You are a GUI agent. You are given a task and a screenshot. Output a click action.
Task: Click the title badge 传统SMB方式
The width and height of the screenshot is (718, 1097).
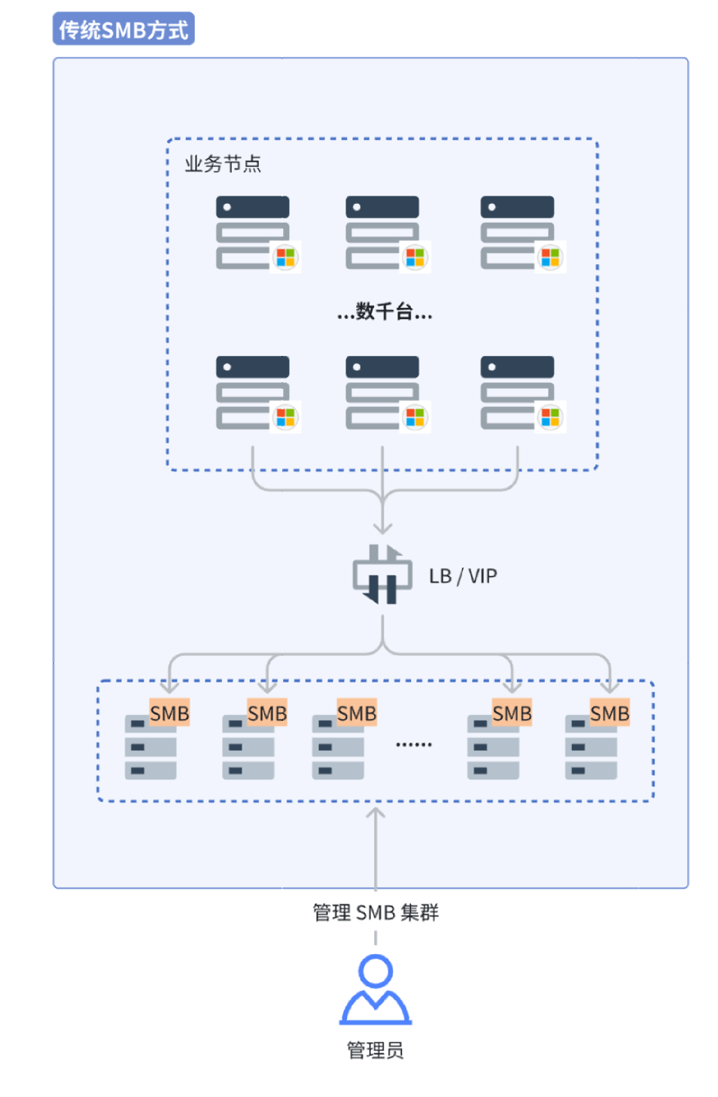[123, 29]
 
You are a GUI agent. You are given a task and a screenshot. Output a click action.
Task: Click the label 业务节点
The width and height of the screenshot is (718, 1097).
[223, 164]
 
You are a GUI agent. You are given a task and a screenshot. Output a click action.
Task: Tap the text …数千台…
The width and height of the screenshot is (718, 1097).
[385, 311]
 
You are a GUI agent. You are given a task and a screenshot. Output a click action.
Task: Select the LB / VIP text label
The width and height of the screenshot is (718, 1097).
[463, 576]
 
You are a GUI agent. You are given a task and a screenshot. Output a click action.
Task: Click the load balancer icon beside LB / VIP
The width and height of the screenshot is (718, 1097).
[382, 576]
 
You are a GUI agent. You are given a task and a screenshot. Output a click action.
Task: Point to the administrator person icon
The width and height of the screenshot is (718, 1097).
[376, 989]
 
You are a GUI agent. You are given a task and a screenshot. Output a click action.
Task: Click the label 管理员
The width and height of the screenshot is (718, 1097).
[375, 1050]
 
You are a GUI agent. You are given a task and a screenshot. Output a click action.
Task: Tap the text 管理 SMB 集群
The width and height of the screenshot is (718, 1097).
[376, 913]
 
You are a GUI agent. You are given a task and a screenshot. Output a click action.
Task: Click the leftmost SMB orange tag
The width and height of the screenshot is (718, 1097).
[169, 713]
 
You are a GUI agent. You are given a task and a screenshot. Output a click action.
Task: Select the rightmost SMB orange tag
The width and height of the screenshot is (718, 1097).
[609, 713]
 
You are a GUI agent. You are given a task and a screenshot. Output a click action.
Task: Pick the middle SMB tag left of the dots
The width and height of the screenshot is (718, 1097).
[356, 713]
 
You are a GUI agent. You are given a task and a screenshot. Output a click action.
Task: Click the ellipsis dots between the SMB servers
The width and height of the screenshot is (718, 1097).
[414, 745]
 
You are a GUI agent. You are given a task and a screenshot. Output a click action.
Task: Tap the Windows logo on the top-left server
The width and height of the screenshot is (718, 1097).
[285, 257]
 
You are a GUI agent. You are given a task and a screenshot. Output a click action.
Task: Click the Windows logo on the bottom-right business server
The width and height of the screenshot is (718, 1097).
[550, 417]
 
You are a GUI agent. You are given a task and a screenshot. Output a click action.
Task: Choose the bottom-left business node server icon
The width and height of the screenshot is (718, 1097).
[253, 392]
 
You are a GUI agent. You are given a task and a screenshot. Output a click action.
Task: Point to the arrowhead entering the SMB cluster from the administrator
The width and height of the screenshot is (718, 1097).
[376, 813]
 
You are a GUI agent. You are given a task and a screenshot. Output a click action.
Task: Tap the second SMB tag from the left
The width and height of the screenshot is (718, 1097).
[267, 713]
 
